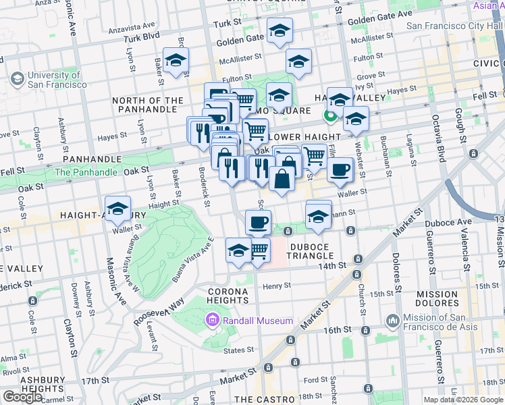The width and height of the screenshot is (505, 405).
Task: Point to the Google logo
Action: (22, 397)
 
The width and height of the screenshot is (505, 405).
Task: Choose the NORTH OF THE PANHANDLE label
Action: (147, 105)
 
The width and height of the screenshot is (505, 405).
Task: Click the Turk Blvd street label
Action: (142, 36)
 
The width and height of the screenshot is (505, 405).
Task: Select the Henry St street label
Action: (277, 286)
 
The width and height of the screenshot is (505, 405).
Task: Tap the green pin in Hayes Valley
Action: (330, 116)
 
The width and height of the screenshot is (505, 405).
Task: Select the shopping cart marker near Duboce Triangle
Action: (259, 250)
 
